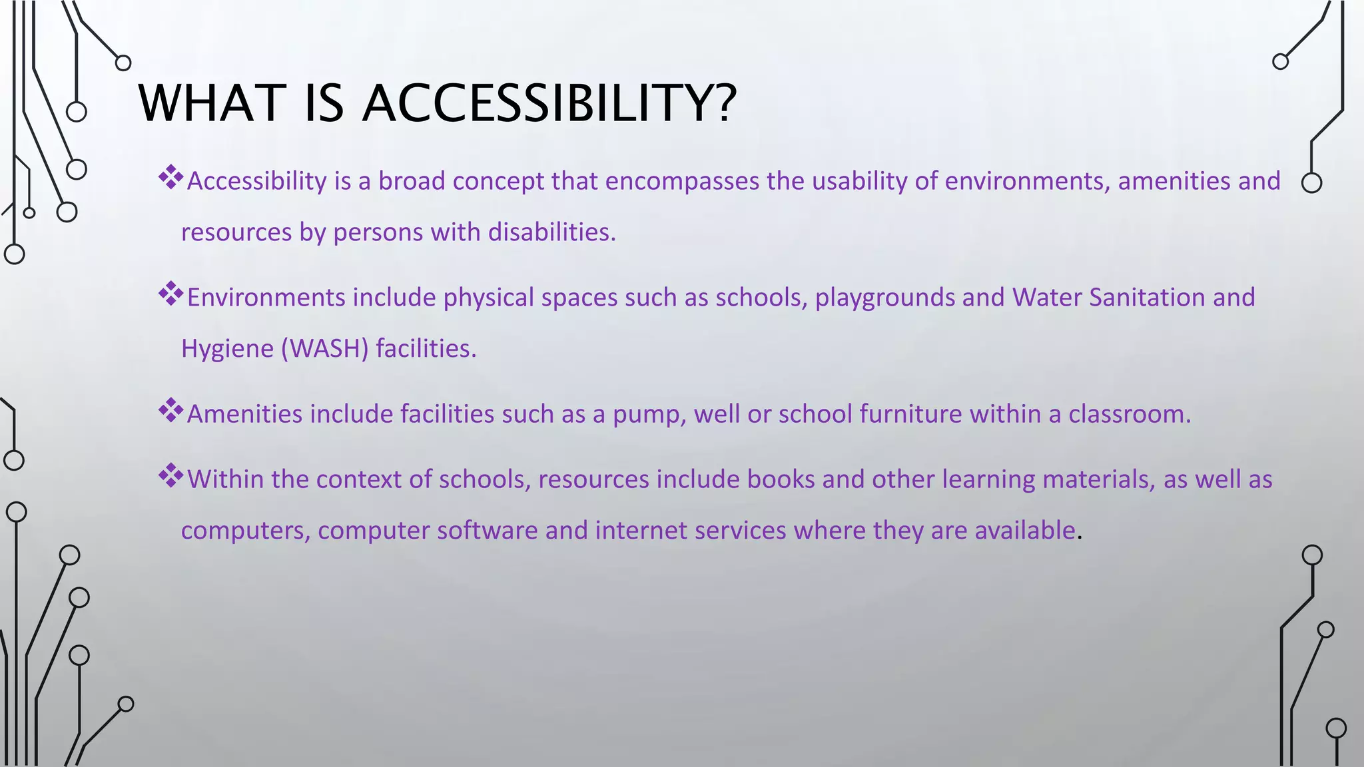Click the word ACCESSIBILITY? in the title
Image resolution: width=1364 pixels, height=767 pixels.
[549, 103]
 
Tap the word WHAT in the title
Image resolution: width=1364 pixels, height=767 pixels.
[212, 103]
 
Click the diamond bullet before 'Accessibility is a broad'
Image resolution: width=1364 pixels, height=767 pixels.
[170, 177]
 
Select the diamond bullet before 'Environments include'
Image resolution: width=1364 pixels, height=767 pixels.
[170, 294]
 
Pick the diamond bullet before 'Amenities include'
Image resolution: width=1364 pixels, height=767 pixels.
[170, 410]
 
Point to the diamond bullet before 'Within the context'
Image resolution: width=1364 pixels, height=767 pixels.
[170, 475]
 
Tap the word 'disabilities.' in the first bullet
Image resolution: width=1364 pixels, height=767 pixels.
[552, 232]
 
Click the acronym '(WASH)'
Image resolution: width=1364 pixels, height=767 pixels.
[324, 349]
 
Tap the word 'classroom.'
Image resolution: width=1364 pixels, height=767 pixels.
[1130, 414]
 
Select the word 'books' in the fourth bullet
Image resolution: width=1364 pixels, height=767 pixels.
[781, 479]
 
